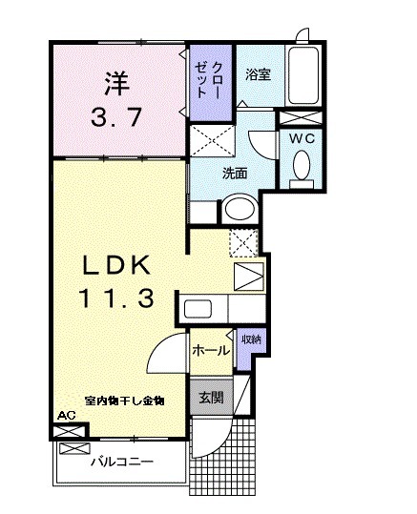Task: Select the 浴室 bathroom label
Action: [x=258, y=73]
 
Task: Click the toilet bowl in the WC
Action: [x=302, y=168]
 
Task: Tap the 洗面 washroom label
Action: [x=236, y=174]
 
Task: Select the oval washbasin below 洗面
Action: [x=240, y=208]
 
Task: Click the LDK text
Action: [x=115, y=263]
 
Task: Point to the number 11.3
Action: [x=115, y=298]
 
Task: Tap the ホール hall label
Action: [x=211, y=351]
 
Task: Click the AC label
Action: [x=66, y=416]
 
